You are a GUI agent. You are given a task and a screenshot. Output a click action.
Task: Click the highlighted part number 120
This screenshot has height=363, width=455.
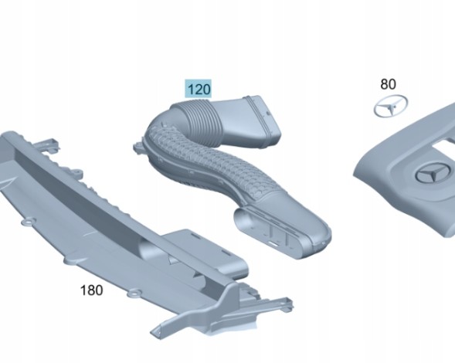tap(199, 89)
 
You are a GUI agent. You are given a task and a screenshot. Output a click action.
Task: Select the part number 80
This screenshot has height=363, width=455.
tap(388, 84)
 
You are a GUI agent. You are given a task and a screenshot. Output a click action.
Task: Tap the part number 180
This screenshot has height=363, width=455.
tap(91, 290)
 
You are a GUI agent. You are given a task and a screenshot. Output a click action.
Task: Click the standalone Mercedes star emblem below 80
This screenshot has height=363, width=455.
tap(390, 107)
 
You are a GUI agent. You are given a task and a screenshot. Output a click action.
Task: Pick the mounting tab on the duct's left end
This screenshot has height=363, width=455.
tap(139, 147)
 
